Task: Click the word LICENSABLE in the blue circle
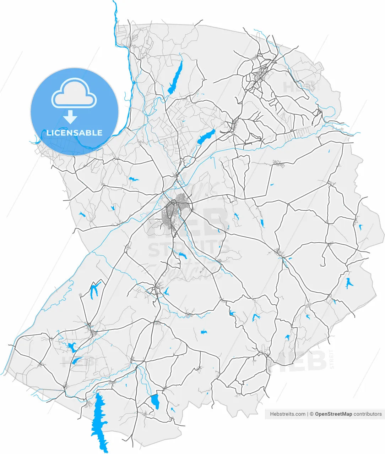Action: click(x=75, y=133)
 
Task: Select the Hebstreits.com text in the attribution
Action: click(x=288, y=414)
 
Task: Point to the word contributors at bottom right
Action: click(x=368, y=414)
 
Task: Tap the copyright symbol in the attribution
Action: click(x=311, y=414)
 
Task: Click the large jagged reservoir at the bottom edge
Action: click(x=99, y=422)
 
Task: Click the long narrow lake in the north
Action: click(x=175, y=77)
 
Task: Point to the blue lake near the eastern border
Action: click(x=348, y=283)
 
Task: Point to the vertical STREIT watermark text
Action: click(x=332, y=359)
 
